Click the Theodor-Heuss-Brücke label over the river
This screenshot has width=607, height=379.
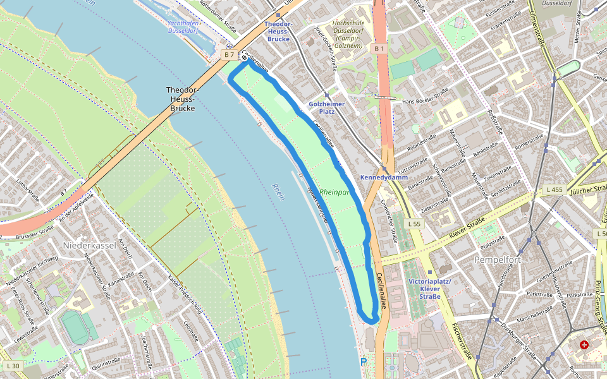183,99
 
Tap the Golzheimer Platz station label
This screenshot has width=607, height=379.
326,107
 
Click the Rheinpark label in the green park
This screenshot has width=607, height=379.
334,191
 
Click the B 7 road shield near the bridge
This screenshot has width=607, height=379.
229,55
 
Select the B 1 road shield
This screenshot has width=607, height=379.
379,49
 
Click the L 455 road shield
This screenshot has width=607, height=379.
553,189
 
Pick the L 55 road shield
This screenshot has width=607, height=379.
414,224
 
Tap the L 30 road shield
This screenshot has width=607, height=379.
13,366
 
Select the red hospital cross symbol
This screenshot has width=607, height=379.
584,345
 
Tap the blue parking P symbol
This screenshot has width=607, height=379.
363,362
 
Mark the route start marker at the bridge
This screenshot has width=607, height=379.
244,57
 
